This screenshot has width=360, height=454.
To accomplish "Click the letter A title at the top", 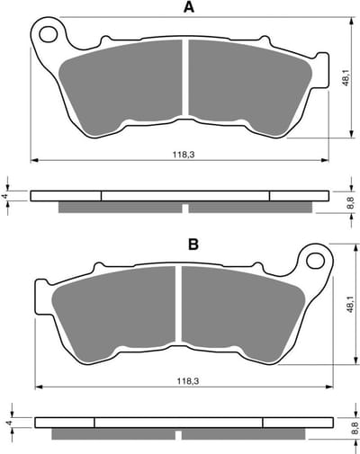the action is [189, 7].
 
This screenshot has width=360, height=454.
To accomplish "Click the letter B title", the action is [193, 245].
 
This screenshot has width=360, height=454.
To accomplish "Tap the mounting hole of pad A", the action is [49, 33].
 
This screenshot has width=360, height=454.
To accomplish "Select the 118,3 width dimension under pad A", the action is [184, 155].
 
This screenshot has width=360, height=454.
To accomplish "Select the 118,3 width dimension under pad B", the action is [188, 381].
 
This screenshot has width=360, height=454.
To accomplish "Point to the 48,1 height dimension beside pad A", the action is [346, 77].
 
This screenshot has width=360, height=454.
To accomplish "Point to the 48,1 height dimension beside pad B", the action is [350, 305].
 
